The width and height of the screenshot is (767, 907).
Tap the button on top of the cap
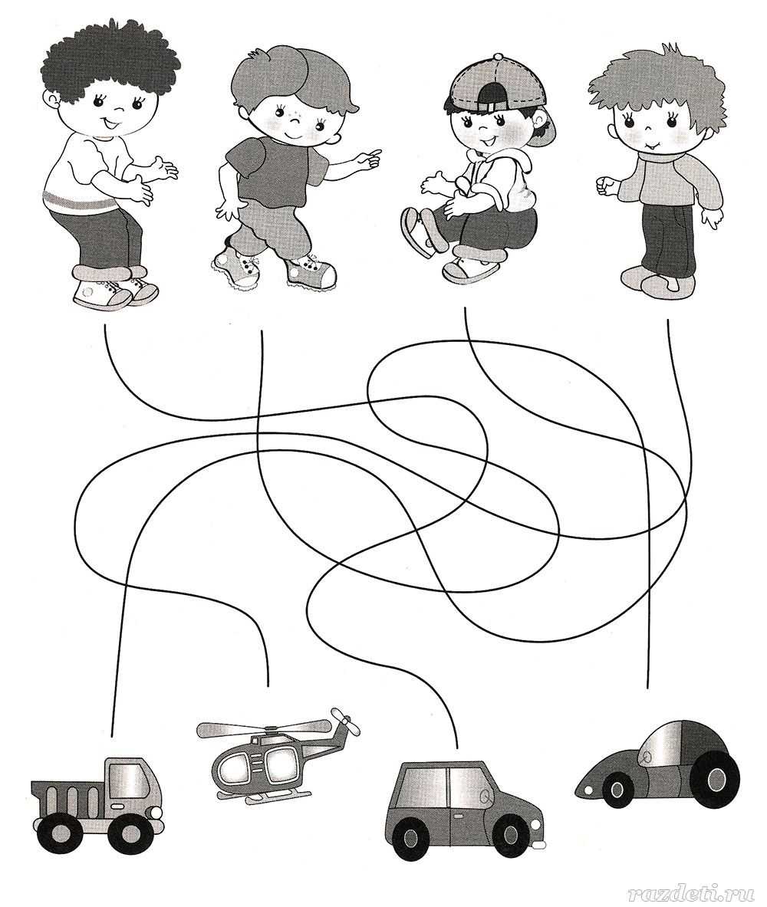[498, 57]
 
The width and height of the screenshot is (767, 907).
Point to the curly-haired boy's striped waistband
[81, 203]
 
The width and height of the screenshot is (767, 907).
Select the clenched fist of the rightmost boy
[606, 186]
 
